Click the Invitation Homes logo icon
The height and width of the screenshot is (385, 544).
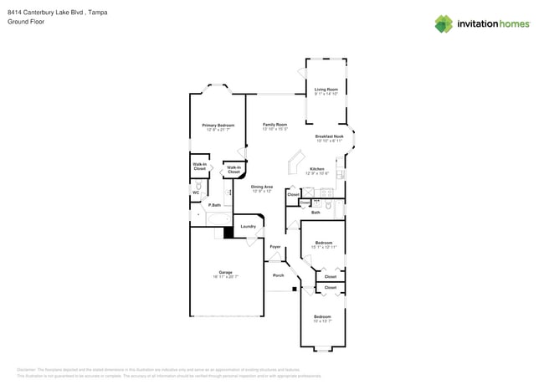[444, 24]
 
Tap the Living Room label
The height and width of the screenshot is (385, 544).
[326, 90]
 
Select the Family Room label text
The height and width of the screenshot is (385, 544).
[275, 125]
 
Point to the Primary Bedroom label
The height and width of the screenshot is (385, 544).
[218, 125]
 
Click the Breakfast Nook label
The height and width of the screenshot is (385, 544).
[329, 136]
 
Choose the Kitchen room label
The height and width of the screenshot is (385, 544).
[317, 169]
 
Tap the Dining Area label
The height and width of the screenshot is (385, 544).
[262, 187]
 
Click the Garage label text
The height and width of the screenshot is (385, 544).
[225, 272]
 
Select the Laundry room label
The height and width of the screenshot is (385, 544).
[248, 226]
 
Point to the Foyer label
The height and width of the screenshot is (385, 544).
[275, 246]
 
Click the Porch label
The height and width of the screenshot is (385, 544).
[278, 275]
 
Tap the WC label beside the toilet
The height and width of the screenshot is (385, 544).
[196, 192]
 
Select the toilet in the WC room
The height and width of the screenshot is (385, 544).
[198, 186]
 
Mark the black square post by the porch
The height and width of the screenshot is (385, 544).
[294, 290]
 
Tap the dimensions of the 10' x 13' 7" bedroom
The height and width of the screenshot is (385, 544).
[322, 321]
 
